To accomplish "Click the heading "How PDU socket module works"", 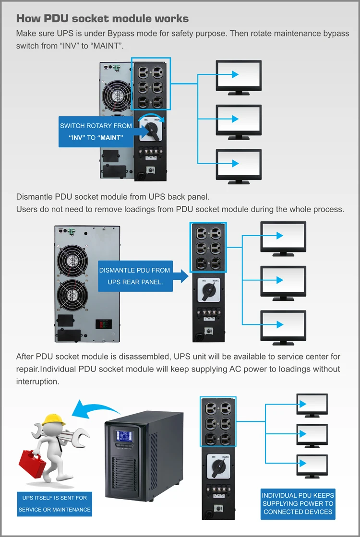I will [102, 19].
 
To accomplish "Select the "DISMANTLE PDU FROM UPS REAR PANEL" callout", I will [135, 276].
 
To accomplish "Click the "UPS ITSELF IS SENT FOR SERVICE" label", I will [54, 503].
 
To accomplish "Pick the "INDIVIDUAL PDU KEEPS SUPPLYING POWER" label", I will [298, 503].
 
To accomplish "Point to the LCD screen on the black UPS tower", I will [124, 437].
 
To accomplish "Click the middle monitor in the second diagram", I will [283, 280].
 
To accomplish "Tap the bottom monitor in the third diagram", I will [312, 464].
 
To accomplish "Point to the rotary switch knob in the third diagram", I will [218, 466].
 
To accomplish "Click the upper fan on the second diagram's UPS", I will [70, 260].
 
